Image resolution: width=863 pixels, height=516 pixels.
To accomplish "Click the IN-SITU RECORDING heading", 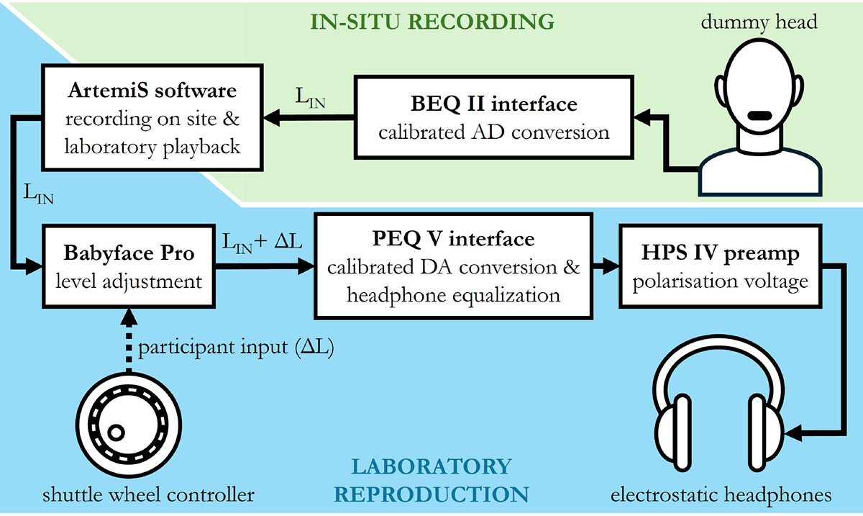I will [432, 21].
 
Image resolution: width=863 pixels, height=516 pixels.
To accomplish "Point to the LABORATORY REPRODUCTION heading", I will [432, 481].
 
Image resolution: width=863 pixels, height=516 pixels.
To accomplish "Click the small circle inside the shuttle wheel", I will [114, 432].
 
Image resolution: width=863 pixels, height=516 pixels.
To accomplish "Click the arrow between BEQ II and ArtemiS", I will [306, 117].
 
